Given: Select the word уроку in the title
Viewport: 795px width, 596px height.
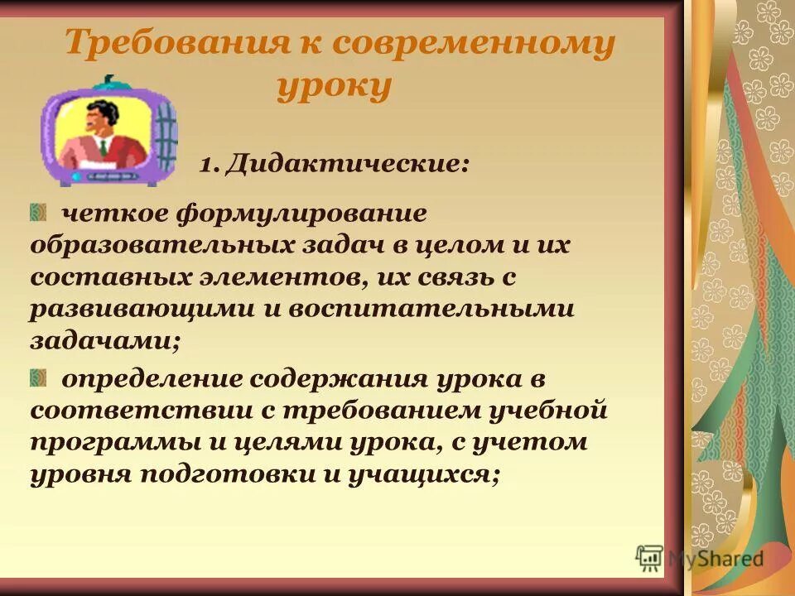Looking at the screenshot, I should pos(334,86).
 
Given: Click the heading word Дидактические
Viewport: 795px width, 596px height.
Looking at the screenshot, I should pos(349,163).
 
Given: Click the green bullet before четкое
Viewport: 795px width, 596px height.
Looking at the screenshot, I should pos(39,214).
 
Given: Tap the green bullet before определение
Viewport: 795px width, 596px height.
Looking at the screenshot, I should pos(39,379).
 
